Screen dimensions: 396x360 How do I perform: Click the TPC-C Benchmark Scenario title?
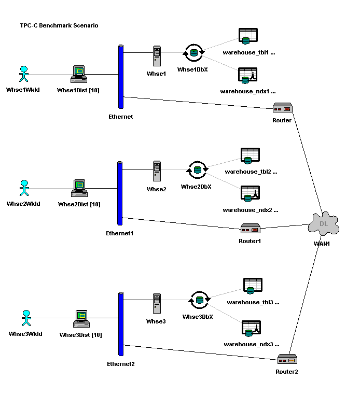(59, 25)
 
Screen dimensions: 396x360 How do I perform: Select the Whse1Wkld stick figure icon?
(23, 74)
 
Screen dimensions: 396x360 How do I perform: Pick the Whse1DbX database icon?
(194, 52)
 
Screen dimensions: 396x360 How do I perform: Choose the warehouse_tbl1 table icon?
(247, 36)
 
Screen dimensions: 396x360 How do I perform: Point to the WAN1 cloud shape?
(323, 224)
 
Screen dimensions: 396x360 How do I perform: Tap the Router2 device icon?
(286, 360)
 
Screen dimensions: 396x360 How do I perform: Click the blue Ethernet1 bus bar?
(120, 193)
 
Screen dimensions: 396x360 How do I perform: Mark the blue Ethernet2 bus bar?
(121, 324)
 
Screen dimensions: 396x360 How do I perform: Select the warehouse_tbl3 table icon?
(253, 286)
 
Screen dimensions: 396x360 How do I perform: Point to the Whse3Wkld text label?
(25, 334)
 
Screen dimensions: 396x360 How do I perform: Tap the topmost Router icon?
(283, 108)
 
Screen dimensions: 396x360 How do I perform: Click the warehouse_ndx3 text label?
(252, 344)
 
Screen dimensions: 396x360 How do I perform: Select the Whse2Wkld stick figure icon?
(23, 188)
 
